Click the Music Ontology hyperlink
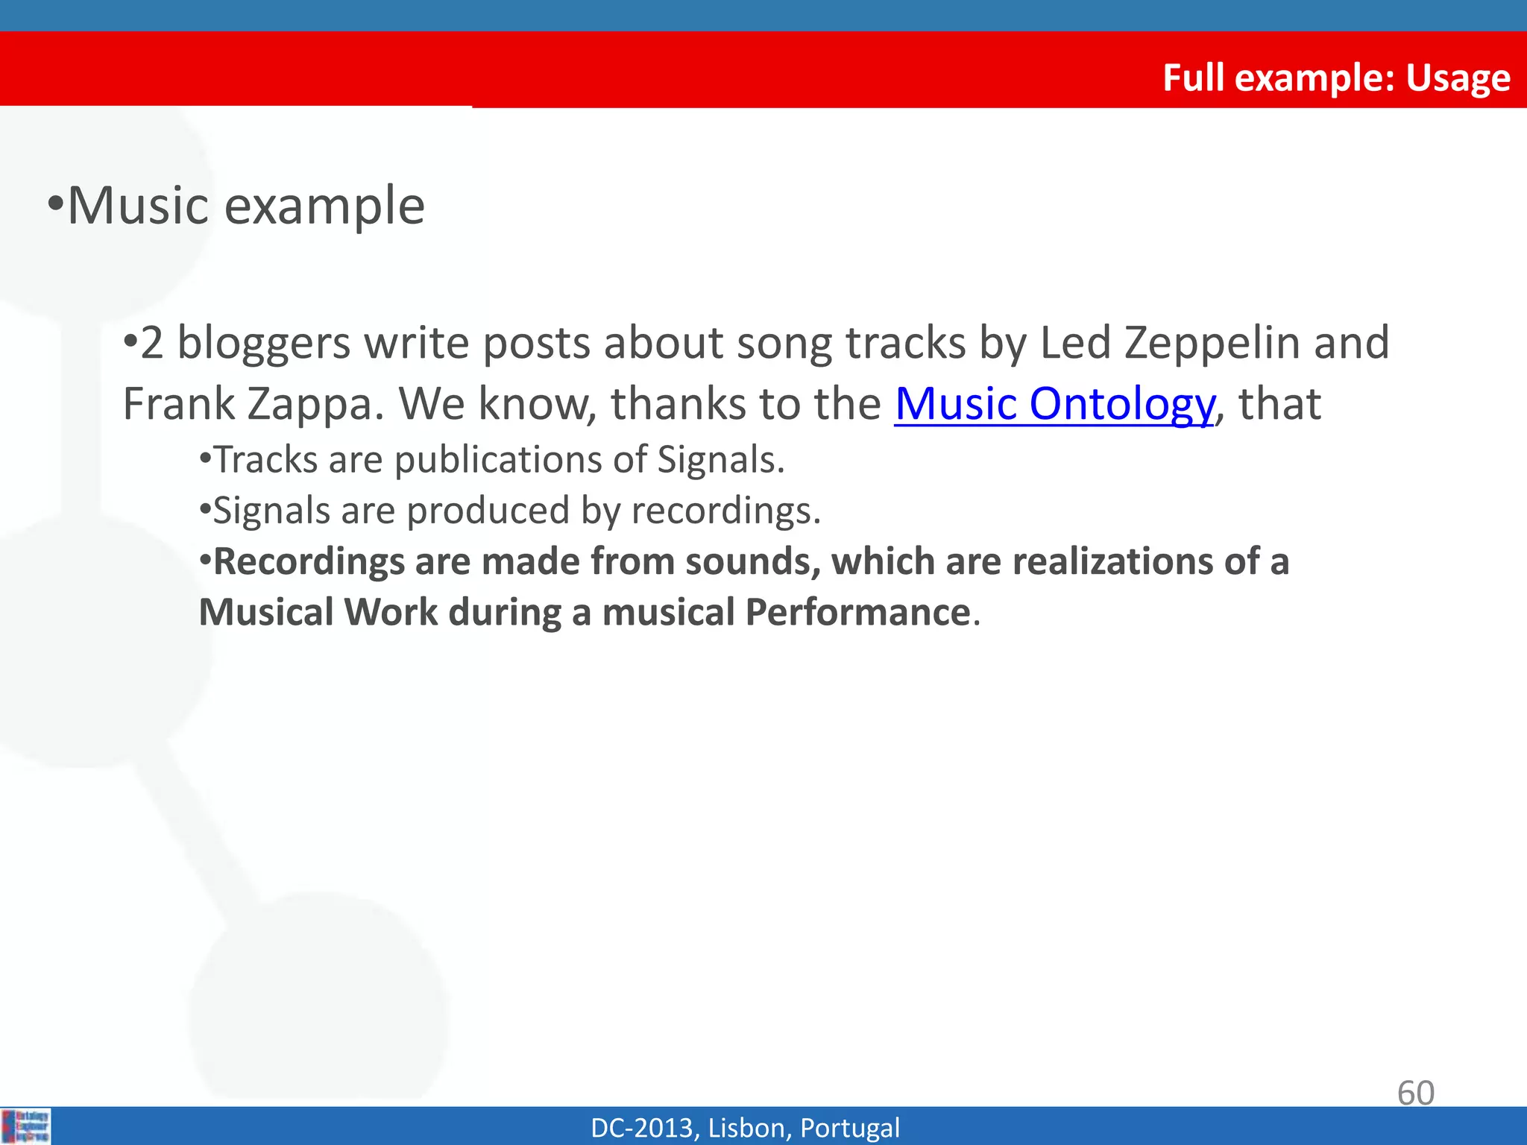pos(1054,404)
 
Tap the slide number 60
pos(1415,1093)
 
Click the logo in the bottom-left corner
pos(26,1126)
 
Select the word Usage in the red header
pos(1458,78)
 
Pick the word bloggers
pos(263,343)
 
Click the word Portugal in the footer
pos(849,1128)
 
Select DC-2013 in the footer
pos(644,1128)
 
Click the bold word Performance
pos(857,613)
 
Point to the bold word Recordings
pos(308,561)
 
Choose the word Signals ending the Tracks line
pos(720,459)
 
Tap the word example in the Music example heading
pos(324,206)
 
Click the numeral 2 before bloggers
pos(151,344)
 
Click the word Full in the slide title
pos(1194,78)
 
